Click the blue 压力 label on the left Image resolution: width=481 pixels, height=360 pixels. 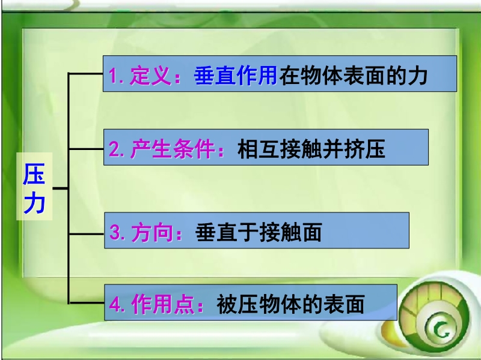34,188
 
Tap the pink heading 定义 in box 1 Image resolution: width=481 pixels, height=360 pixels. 150,76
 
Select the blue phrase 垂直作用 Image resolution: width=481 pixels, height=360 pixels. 236,76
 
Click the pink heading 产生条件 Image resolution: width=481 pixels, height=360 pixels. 173,149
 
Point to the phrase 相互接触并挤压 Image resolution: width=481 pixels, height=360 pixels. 311,149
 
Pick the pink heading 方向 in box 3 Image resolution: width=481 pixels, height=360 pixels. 152,232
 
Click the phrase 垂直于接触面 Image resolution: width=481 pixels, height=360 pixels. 259,232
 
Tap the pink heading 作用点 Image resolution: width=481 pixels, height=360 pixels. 163,304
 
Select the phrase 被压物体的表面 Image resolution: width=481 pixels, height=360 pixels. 290,304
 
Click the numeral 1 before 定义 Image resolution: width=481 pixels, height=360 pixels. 114,76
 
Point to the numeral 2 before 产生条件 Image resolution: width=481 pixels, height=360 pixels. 114,149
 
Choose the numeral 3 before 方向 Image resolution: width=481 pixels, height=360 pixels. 115,233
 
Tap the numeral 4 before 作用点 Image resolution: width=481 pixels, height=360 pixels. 115,305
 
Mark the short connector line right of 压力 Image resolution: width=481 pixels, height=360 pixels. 61,188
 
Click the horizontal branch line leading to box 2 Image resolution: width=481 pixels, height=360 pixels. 86,149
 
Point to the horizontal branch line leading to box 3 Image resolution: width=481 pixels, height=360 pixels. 87,234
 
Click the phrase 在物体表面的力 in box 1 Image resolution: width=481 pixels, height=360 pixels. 354,76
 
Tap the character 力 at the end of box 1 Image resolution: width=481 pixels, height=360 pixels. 417,76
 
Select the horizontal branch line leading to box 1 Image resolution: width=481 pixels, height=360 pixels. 85,73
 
